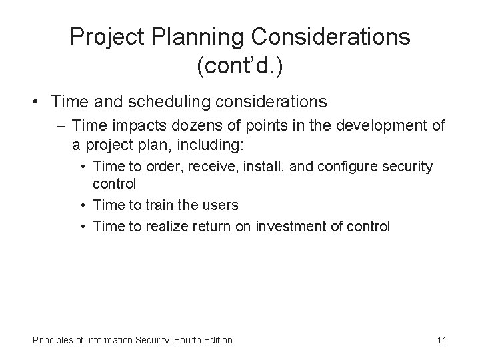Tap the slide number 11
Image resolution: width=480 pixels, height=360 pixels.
coord(441,340)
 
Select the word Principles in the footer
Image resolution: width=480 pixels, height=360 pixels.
coord(53,340)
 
